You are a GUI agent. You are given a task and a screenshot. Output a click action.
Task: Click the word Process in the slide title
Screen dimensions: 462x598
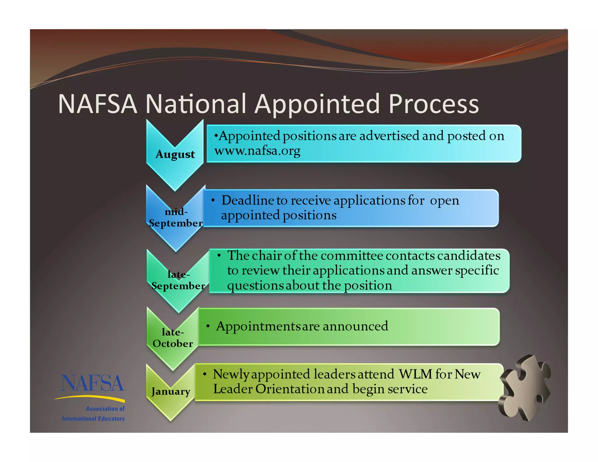pyautogui.click(x=434, y=104)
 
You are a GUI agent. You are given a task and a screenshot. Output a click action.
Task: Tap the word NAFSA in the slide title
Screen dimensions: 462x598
pyautogui.click(x=98, y=104)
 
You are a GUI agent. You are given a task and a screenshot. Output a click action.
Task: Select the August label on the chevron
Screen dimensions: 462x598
pyautogui.click(x=175, y=154)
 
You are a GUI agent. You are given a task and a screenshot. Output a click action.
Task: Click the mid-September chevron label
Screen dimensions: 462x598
pyautogui.click(x=176, y=217)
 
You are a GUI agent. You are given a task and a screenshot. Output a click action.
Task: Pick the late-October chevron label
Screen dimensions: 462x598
pyautogui.click(x=173, y=338)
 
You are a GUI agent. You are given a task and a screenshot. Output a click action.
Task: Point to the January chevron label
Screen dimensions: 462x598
pyautogui.click(x=171, y=391)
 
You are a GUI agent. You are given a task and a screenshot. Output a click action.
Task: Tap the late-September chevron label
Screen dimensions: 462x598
pyautogui.click(x=178, y=280)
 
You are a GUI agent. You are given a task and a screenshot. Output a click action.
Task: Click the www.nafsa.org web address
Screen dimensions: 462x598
pyautogui.click(x=257, y=151)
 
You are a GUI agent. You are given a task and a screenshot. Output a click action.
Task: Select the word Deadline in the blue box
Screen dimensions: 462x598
pyautogui.click(x=248, y=200)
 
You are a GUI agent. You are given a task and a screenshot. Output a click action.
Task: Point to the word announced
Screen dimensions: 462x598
pyautogui.click(x=355, y=326)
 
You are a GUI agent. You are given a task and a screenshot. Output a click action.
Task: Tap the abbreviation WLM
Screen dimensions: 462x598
pyautogui.click(x=415, y=374)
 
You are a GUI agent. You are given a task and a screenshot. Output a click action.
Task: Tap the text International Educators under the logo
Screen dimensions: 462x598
pyautogui.click(x=93, y=418)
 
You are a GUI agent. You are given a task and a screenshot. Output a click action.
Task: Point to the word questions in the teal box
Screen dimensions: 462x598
pyautogui.click(x=255, y=286)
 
